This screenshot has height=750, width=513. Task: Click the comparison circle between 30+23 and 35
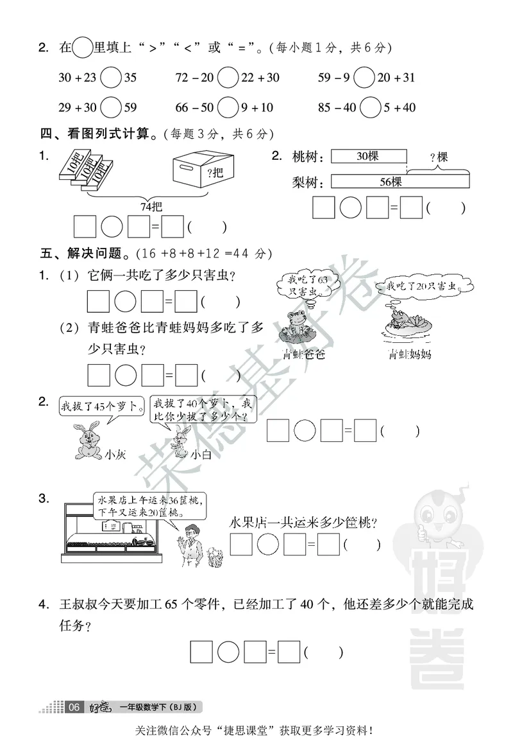pos(111,78)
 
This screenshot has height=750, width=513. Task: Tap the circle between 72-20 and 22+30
pos(228,78)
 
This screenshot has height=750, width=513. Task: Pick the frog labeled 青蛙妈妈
pos(397,320)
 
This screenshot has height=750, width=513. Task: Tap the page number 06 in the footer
pos(74,707)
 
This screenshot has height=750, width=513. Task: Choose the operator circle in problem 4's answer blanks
pos(228,653)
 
